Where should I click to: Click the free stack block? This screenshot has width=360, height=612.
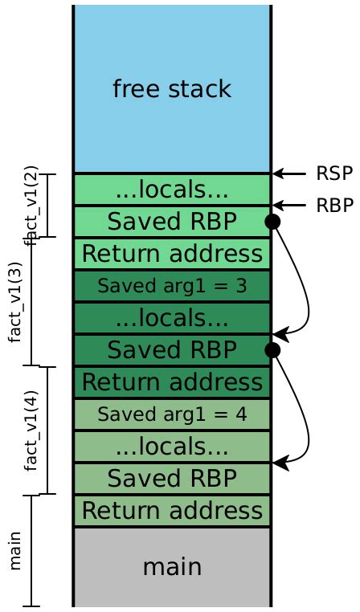pos(171,89)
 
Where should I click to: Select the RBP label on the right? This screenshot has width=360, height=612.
pos(333,206)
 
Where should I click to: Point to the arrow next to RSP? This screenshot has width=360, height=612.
pos(289,173)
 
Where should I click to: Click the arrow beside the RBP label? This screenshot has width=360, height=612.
pos(289,206)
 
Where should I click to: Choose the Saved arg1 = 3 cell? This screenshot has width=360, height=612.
pos(171,286)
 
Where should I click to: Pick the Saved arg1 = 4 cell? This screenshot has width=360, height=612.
pos(171,414)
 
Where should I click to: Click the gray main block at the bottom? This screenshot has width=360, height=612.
pos(171,566)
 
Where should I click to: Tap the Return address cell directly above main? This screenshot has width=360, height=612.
pos(171,511)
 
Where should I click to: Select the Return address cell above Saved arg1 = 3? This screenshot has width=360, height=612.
pos(171,254)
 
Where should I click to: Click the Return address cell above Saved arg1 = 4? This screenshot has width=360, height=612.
pos(171,381)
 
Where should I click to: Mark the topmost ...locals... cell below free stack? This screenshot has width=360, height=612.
pos(171,190)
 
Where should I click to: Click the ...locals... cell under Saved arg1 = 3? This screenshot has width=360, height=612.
pos(171,318)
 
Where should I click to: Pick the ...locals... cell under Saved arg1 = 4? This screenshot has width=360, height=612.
pos(171,447)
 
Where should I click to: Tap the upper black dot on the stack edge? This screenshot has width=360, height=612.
pos(272,222)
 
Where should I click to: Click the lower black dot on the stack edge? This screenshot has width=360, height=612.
pos(272,349)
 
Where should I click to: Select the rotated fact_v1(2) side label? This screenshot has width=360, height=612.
pos(31,206)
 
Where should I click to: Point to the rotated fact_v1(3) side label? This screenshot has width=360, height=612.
pos(15,302)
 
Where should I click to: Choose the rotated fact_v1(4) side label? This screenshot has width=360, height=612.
pos(31,430)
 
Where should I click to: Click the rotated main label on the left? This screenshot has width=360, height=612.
pos(15,551)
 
